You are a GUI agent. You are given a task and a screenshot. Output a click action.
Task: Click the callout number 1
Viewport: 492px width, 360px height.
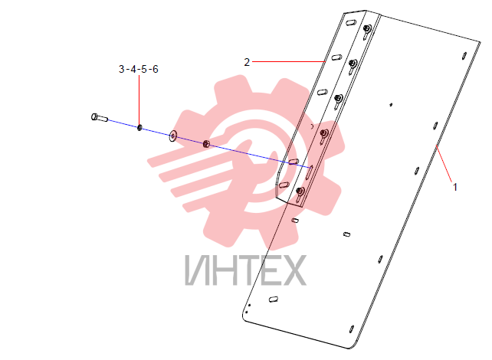tap(455, 187)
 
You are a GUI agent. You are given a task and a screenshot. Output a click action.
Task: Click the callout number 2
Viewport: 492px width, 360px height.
tap(247, 62)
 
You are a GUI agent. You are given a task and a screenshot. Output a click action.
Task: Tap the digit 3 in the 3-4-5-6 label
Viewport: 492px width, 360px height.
tap(122, 69)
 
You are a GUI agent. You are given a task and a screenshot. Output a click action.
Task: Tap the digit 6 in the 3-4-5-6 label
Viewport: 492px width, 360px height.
tap(155, 69)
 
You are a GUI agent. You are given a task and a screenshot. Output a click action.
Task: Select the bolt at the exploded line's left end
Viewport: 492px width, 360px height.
tap(99, 118)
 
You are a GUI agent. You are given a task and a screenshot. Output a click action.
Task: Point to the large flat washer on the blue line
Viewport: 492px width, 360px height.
tap(173, 135)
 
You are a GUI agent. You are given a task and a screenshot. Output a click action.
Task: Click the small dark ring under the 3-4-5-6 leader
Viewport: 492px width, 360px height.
tap(139, 128)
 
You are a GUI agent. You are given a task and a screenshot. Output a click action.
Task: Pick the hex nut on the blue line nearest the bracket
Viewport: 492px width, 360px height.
tap(206, 144)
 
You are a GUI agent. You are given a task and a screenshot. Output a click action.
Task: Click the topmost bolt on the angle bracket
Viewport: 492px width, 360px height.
tap(367, 29)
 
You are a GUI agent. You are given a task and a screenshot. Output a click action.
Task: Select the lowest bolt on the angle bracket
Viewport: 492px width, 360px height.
tap(300, 191)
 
